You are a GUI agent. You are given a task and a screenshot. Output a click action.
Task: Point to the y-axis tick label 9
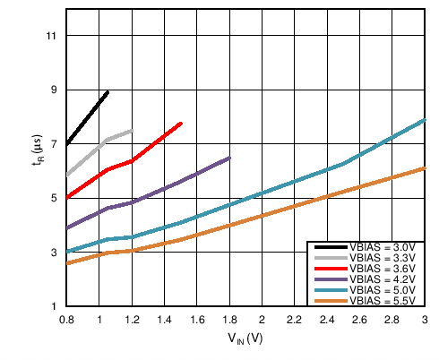(52, 90)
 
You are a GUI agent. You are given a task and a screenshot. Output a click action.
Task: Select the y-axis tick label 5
(52, 198)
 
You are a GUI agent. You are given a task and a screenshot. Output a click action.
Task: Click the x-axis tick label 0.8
(66, 319)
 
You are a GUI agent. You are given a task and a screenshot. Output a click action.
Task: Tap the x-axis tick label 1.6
(196, 319)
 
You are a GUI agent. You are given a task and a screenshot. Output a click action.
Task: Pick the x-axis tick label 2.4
(327, 319)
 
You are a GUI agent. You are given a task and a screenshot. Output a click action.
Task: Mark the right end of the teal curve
(424, 119)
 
